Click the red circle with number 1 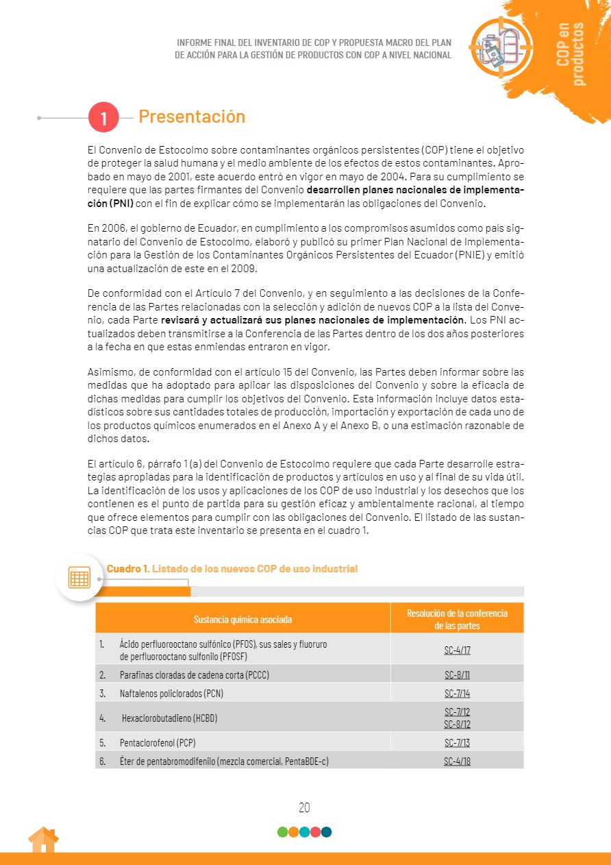click(x=103, y=118)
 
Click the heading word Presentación click(x=192, y=117)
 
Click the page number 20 click(x=305, y=807)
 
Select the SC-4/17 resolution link click(x=457, y=650)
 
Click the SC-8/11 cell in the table click(x=457, y=674)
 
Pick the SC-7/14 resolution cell click(x=457, y=693)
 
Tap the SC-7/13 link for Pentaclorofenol click(x=457, y=742)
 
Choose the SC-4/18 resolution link click(x=457, y=761)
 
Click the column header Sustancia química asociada click(x=242, y=619)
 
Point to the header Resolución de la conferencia click(x=457, y=613)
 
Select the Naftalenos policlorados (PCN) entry click(x=171, y=693)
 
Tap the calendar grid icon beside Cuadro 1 click(x=79, y=577)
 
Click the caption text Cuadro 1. click(x=127, y=569)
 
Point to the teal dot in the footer click(x=327, y=832)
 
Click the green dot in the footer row click(x=282, y=832)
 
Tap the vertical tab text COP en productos click(x=571, y=53)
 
